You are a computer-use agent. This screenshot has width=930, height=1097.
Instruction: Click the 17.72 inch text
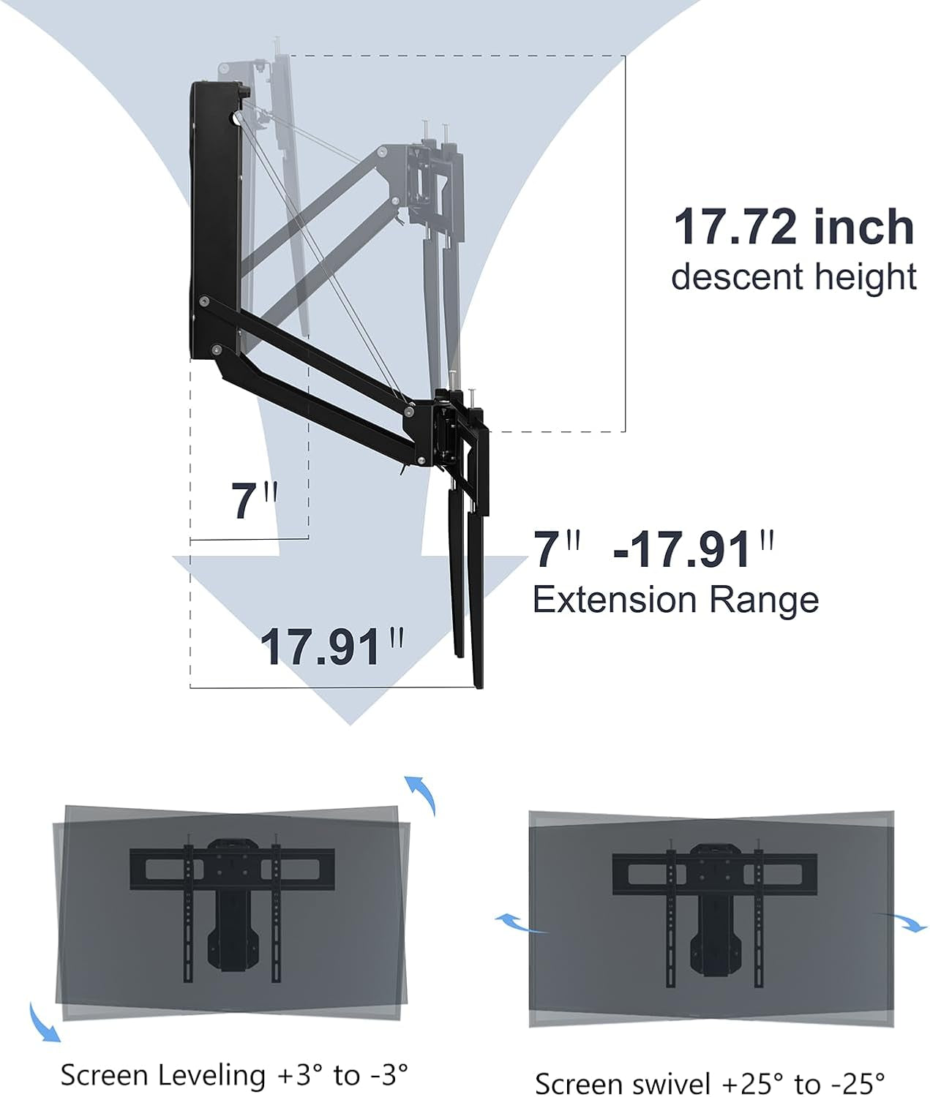pos(793,227)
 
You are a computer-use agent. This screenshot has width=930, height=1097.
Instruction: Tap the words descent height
pos(793,277)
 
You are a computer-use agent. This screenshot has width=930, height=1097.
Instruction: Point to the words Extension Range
pos(675,600)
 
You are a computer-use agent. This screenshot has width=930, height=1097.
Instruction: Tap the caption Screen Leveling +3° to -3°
pos(234,1075)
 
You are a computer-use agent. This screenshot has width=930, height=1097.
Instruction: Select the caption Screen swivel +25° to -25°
pos(710,1082)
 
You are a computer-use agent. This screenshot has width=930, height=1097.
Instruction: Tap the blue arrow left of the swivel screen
pos(521,923)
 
